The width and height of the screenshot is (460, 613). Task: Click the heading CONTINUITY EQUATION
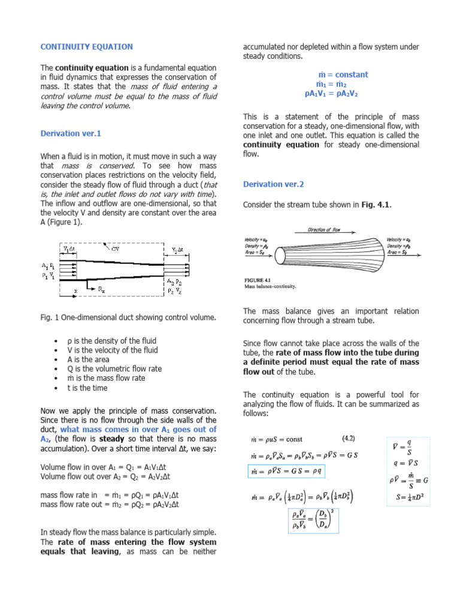pos(86,47)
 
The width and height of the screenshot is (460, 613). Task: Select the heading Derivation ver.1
pos(66,133)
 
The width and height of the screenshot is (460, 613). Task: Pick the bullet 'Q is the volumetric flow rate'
pos(114,369)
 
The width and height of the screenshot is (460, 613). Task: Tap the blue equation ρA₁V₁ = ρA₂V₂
pos(331,94)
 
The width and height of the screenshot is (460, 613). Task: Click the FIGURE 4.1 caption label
pos(261,280)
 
